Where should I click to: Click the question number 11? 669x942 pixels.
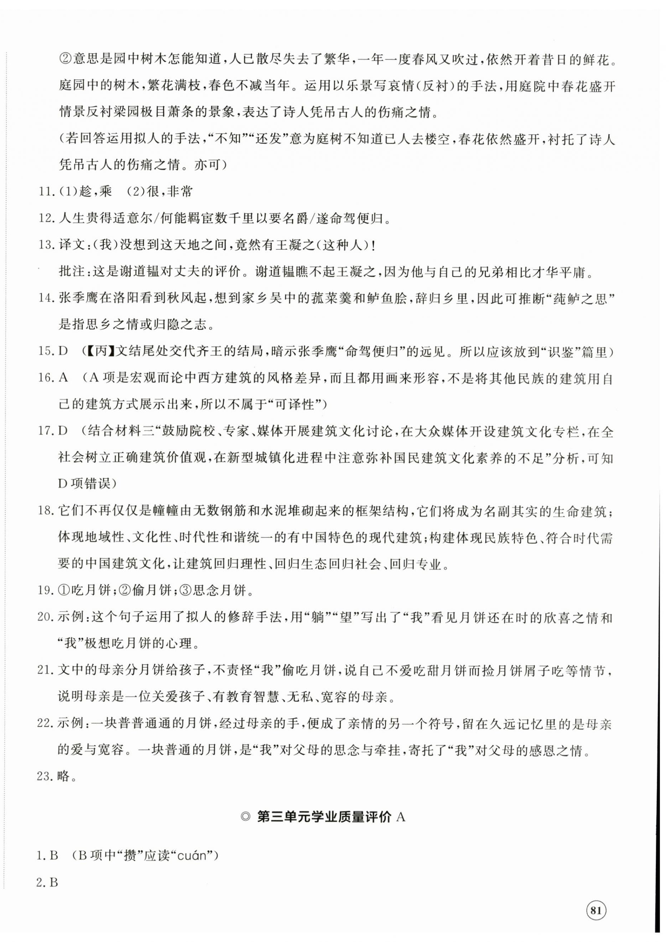[x=46, y=192]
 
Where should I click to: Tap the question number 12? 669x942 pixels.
[x=46, y=218]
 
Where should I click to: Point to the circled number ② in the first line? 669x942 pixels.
[x=66, y=60]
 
